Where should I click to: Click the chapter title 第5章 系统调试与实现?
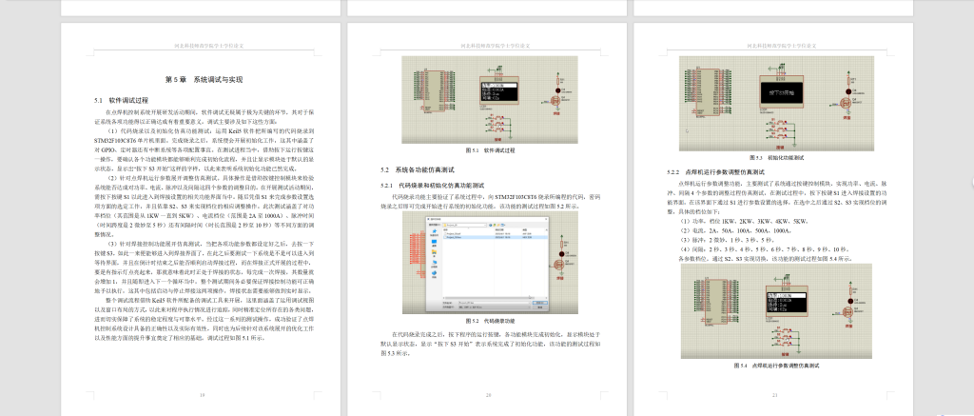click(204, 80)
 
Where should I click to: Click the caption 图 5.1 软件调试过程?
click(488, 150)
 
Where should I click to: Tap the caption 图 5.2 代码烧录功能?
click(488, 321)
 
